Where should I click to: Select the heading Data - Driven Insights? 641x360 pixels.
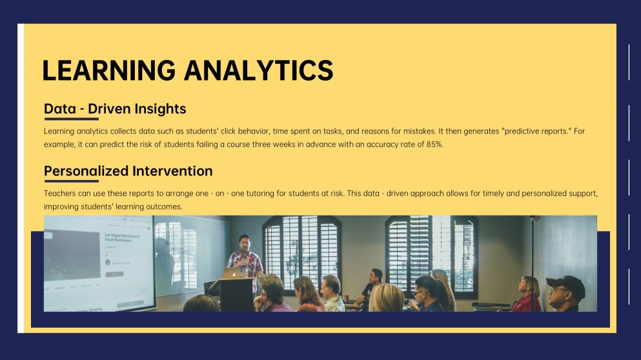point(115,108)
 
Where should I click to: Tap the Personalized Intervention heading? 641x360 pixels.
point(128,171)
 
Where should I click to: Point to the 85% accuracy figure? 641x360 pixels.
point(434,145)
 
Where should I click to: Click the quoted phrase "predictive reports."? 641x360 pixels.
point(536,131)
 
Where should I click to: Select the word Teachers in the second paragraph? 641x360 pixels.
point(59,194)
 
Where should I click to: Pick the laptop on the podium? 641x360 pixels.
point(232,273)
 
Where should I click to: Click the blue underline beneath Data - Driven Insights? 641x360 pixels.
point(71,119)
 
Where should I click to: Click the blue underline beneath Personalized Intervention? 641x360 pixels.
point(71,181)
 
